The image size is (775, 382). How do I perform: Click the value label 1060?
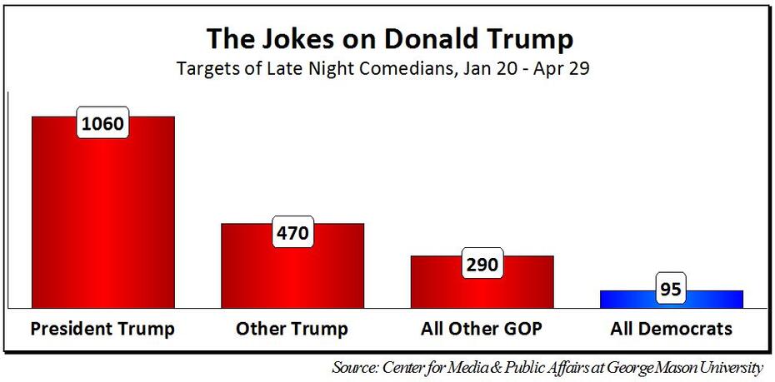pyautogui.click(x=103, y=125)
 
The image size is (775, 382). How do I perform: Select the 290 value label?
pyautogui.click(x=482, y=265)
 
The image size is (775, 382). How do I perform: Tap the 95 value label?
pyautogui.click(x=672, y=290)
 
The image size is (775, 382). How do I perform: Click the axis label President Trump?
pyautogui.click(x=102, y=329)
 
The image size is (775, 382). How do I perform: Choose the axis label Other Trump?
pyautogui.click(x=292, y=329)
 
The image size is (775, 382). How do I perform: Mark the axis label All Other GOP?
pyautogui.click(x=482, y=329)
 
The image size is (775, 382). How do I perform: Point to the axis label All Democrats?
pyautogui.click(x=671, y=329)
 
